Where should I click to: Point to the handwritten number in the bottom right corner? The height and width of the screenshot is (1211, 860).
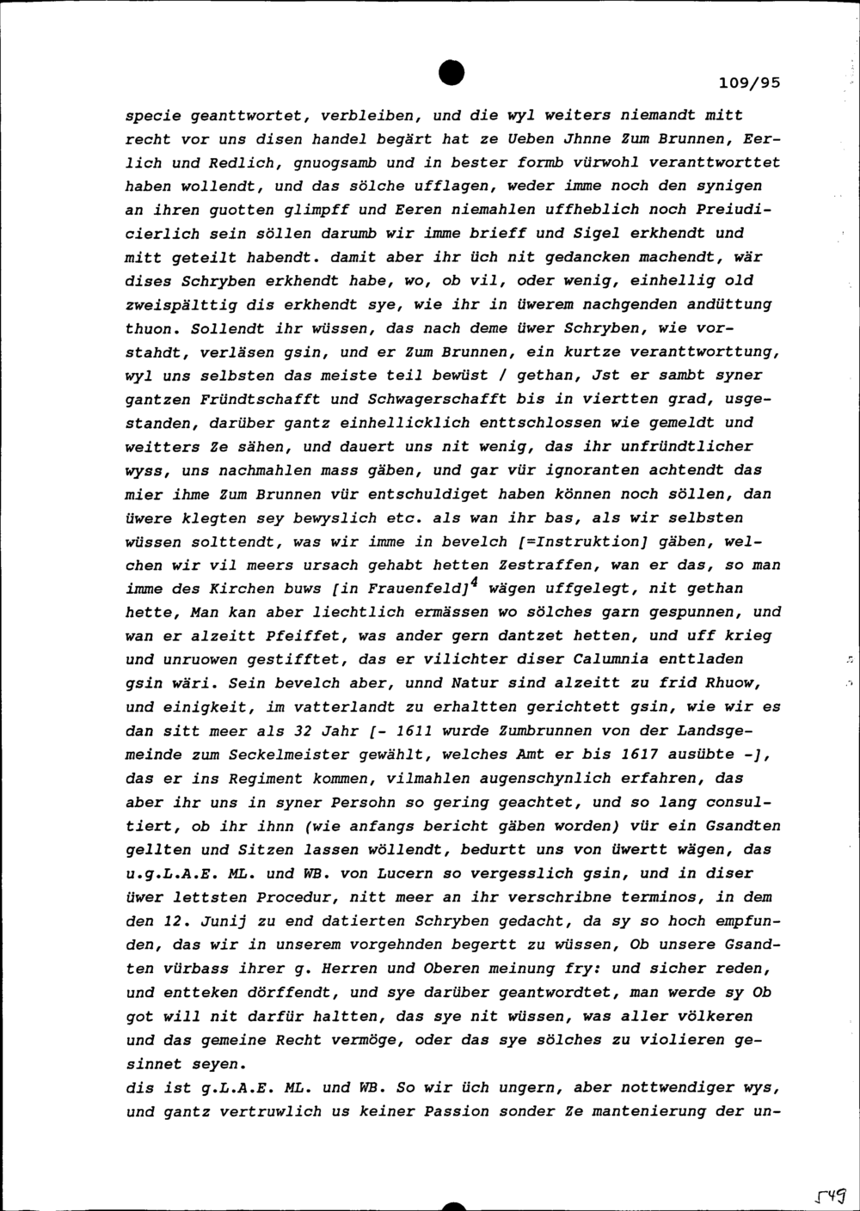(x=831, y=1194)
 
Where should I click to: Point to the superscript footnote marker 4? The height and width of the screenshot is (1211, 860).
(x=472, y=581)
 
